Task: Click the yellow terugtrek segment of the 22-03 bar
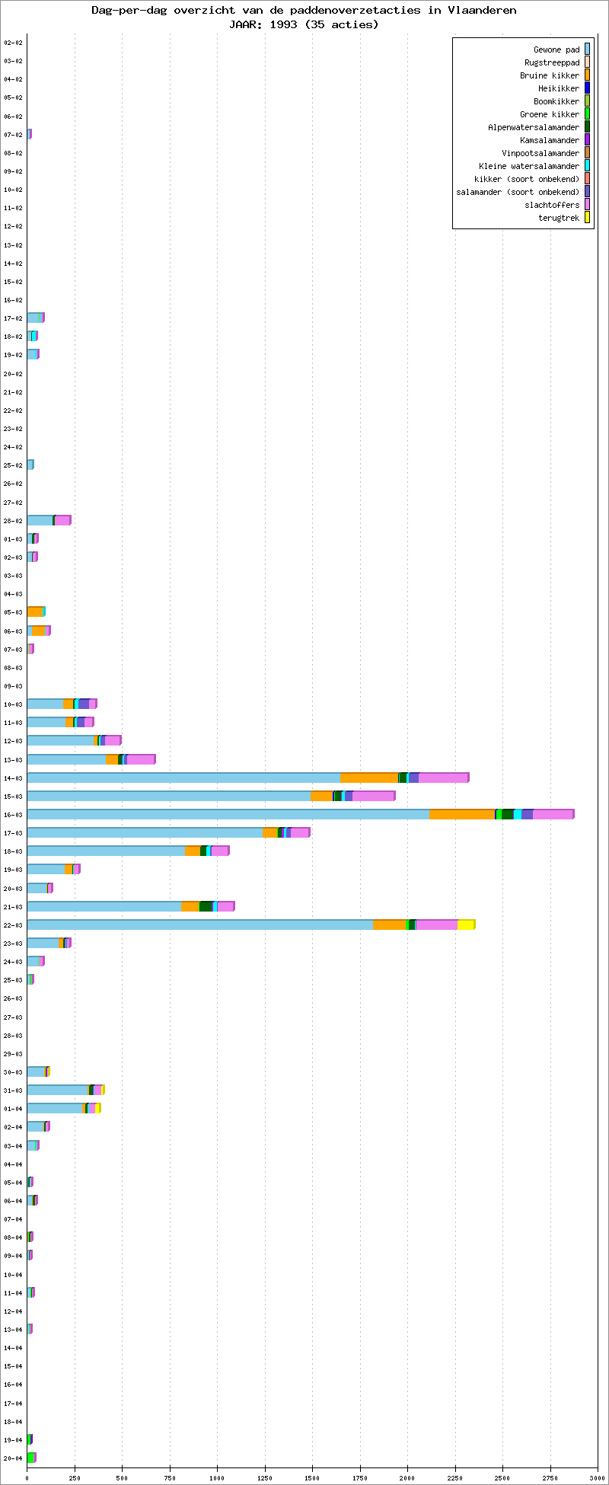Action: (465, 925)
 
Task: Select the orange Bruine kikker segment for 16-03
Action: (461, 814)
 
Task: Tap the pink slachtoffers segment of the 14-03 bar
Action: (443, 778)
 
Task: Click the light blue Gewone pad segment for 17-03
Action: (145, 832)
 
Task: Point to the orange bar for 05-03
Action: (34, 612)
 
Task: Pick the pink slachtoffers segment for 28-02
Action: (62, 520)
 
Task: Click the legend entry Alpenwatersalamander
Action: (533, 127)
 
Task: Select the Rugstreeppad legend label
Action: (551, 62)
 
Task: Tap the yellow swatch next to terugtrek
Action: (587, 218)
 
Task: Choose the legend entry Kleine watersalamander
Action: (528, 166)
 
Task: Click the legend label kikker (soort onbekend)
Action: (526, 179)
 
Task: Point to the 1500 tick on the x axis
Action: (312, 1477)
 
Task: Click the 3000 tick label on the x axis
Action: (597, 1477)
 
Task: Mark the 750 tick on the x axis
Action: (170, 1477)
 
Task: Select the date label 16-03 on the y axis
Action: (13, 815)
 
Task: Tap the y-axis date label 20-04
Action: (13, 1458)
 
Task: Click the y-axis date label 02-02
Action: (13, 43)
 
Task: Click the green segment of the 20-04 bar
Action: (30, 1458)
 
